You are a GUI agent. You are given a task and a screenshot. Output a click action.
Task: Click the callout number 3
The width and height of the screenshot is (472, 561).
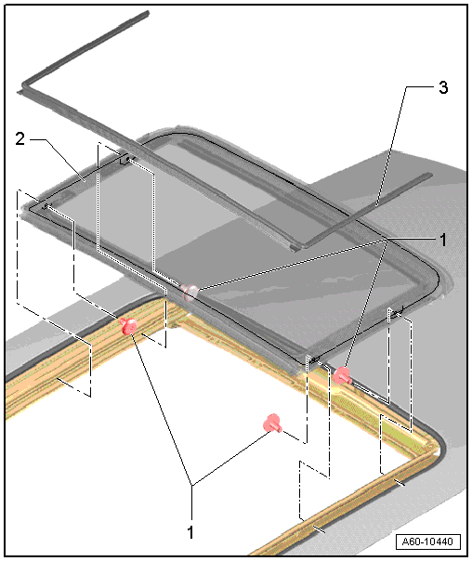tap(443, 87)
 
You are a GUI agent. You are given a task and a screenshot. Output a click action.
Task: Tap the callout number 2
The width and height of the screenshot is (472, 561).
tap(20, 138)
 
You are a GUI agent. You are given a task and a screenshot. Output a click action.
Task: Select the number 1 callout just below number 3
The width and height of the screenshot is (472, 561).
tap(443, 240)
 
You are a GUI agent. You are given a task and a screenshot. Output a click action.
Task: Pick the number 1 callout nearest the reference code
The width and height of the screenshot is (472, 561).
tap(190, 532)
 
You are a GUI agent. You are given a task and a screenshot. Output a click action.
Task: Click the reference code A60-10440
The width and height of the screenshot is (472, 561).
tap(427, 541)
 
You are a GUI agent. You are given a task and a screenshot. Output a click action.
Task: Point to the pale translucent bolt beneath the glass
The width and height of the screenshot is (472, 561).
tap(190, 292)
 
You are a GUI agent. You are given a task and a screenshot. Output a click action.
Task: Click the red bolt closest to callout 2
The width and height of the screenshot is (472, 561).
tap(129, 326)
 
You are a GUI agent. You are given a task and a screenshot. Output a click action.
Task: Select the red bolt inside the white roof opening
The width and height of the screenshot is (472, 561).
tap(272, 424)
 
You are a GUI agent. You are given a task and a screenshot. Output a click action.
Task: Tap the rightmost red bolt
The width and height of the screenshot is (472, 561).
tap(342, 375)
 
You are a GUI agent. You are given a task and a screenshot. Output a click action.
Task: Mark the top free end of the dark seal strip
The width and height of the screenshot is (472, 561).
tap(147, 13)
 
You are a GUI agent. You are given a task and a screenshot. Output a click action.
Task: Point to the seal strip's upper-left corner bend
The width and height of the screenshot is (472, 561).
tap(24, 85)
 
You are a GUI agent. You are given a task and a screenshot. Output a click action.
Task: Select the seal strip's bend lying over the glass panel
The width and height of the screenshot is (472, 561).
tap(300, 246)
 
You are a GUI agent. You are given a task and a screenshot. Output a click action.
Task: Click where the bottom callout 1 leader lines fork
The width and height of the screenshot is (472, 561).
tap(192, 485)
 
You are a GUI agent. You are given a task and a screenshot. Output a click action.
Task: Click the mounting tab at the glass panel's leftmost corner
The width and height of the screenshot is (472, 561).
tap(45, 205)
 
